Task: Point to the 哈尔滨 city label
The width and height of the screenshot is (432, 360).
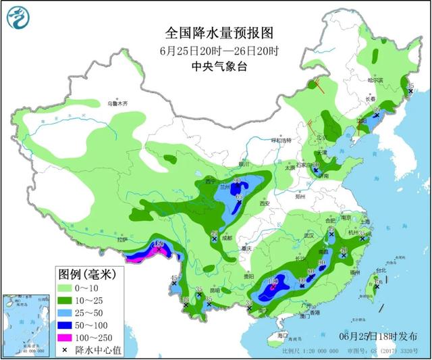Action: pos(375,80)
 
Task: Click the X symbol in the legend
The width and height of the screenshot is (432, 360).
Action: pos(66,348)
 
